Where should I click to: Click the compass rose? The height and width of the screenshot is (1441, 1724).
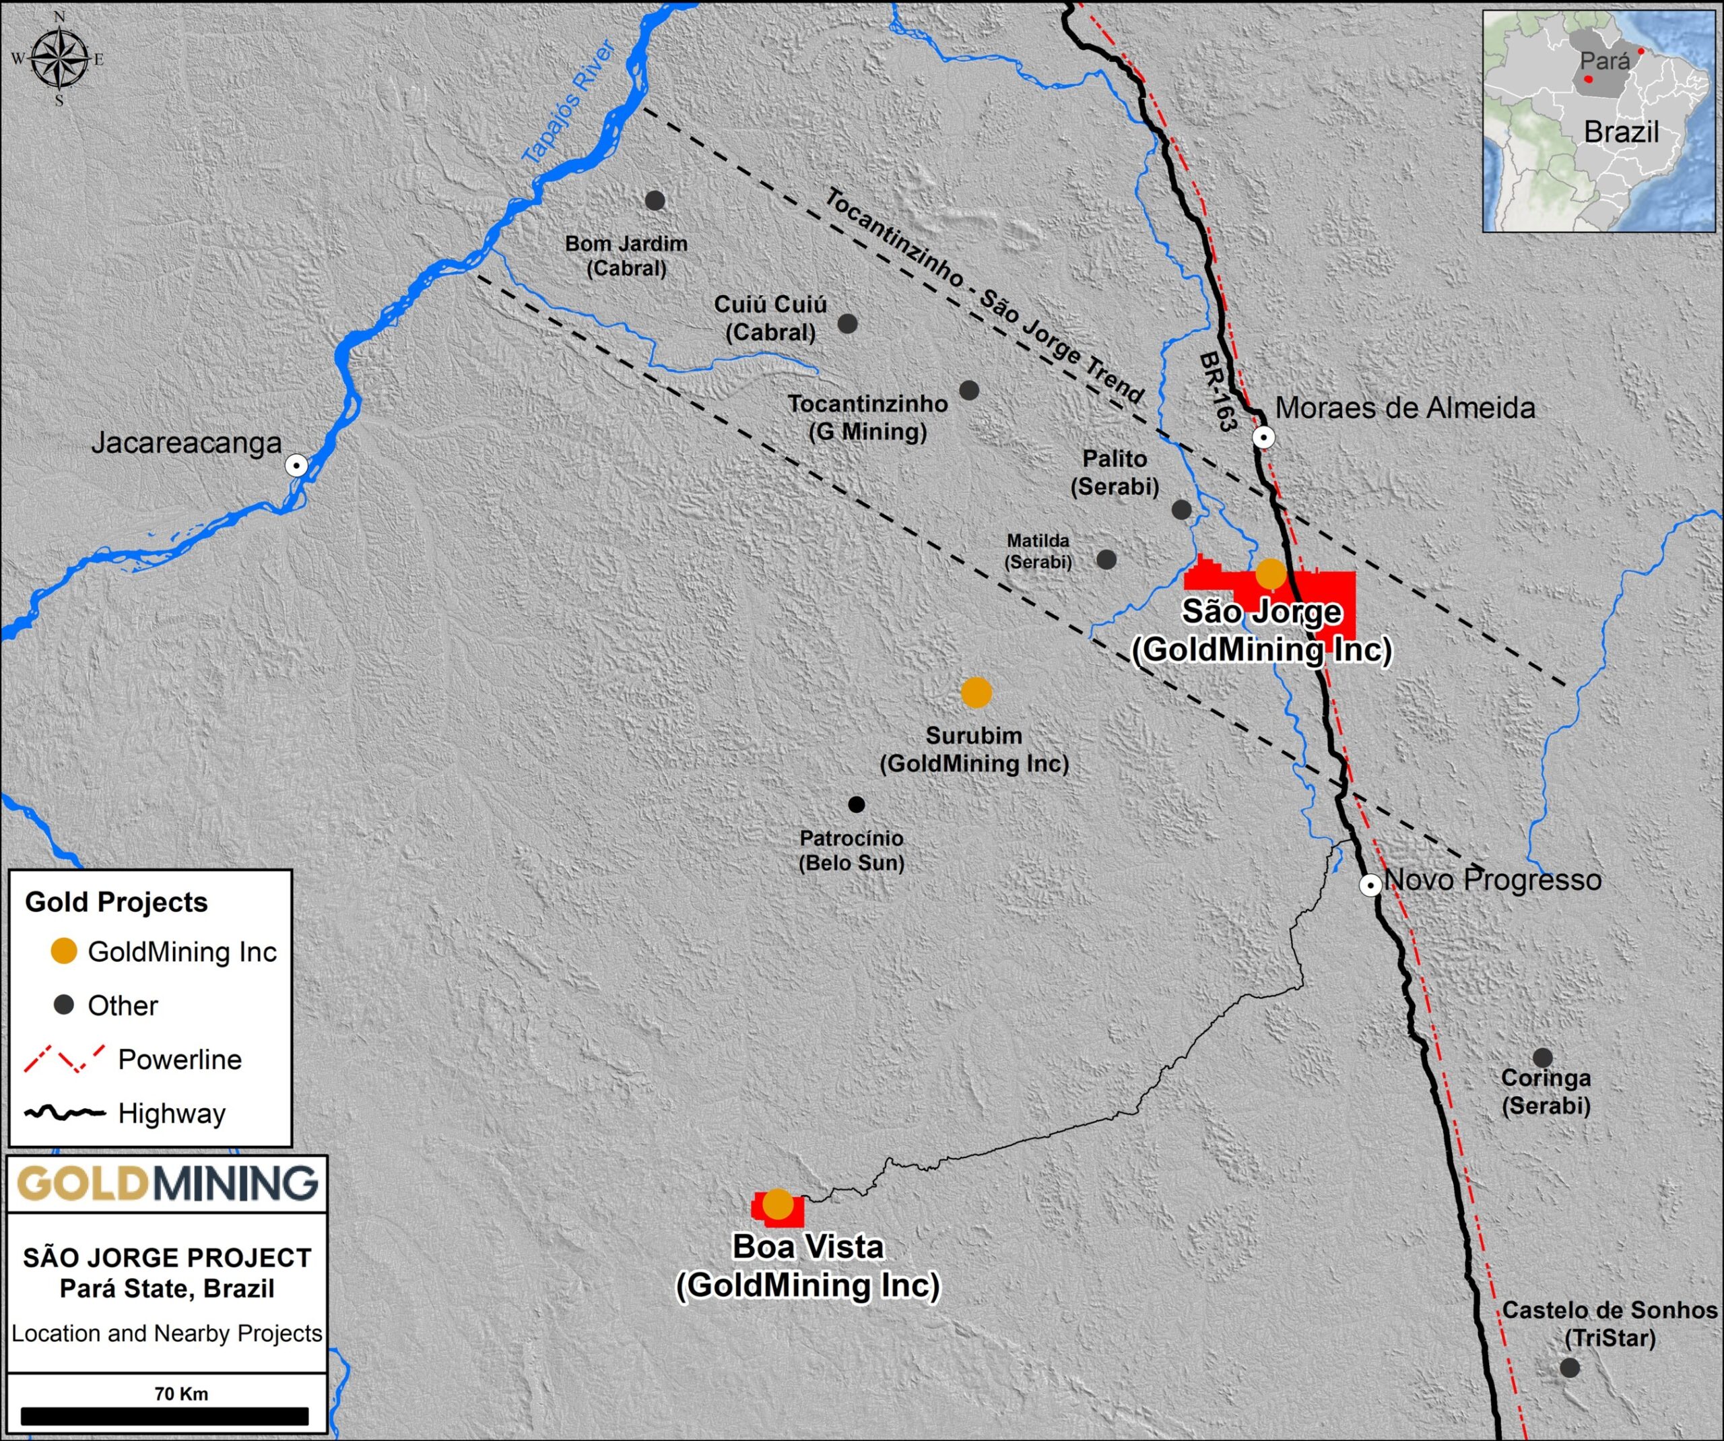click(x=60, y=59)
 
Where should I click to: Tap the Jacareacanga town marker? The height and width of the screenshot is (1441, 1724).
click(x=296, y=466)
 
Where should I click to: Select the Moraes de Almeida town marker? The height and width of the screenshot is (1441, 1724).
click(x=1263, y=437)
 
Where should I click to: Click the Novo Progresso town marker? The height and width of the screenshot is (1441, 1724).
click(x=1369, y=885)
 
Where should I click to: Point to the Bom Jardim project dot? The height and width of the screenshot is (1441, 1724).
click(x=655, y=200)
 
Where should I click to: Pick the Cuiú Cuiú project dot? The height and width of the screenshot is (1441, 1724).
click(x=847, y=323)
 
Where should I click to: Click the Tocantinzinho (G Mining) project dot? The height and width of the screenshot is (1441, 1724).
click(x=968, y=390)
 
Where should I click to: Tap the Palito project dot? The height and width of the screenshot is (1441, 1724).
click(x=1181, y=509)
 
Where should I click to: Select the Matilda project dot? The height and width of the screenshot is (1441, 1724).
click(x=1106, y=559)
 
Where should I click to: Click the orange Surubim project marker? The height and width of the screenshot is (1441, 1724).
click(x=975, y=692)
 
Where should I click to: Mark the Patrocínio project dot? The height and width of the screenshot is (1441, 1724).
click(x=856, y=804)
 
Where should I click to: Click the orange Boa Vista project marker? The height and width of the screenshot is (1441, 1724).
click(x=777, y=1204)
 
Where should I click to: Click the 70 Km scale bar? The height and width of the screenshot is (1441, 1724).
click(x=164, y=1416)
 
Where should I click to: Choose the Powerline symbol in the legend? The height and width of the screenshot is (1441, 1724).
click(x=64, y=1058)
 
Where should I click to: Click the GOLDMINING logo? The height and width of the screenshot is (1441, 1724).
click(x=166, y=1183)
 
